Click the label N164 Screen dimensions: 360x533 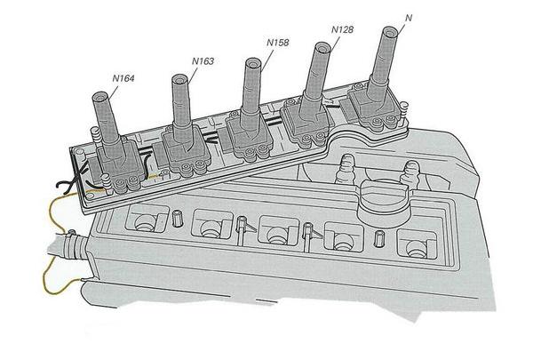123,78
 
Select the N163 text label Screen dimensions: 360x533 203,60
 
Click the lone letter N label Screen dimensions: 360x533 408,17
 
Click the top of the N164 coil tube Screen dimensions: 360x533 97,97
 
